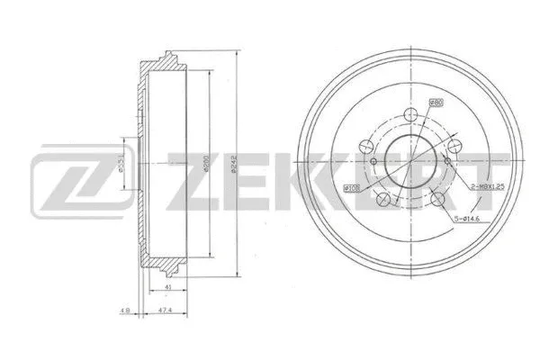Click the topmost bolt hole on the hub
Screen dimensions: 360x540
(412, 115)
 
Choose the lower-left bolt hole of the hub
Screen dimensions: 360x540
(384, 201)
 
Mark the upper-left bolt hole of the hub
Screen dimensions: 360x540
(366, 146)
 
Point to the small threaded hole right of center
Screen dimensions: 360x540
(447, 160)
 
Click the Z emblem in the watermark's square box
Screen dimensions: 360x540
(68, 176)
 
